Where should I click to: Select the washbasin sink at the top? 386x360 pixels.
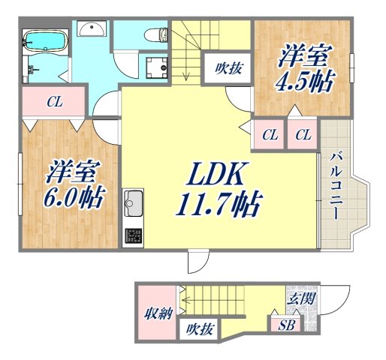(x=93, y=31)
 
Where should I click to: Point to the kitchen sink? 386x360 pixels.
(x=134, y=202)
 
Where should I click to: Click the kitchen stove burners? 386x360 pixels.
(x=134, y=237)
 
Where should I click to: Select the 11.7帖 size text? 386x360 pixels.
(x=221, y=203)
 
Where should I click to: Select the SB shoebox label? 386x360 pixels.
(x=286, y=325)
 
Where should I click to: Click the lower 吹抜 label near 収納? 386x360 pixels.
(x=201, y=328)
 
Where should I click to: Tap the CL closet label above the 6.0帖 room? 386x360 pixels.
(x=53, y=103)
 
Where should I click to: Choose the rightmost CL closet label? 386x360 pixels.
(x=303, y=135)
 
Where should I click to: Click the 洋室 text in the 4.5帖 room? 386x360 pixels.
(x=303, y=55)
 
